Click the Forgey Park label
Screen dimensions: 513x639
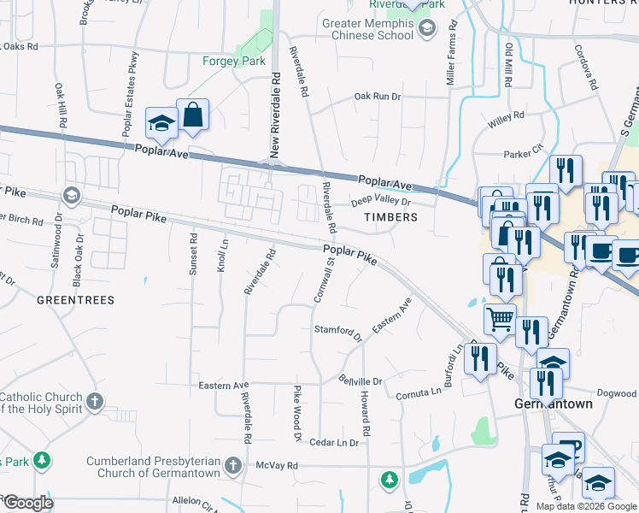[x=234, y=61]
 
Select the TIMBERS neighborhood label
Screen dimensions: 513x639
[x=390, y=217]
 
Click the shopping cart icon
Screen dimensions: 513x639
[x=501, y=319]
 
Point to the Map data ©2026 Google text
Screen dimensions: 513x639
[x=586, y=506]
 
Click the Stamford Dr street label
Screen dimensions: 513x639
[x=338, y=330]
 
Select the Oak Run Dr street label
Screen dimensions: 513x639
[x=378, y=97]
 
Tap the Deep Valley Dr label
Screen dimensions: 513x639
[x=381, y=203]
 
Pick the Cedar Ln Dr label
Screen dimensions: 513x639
[x=334, y=443]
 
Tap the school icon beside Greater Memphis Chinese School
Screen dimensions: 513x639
[x=427, y=29]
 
